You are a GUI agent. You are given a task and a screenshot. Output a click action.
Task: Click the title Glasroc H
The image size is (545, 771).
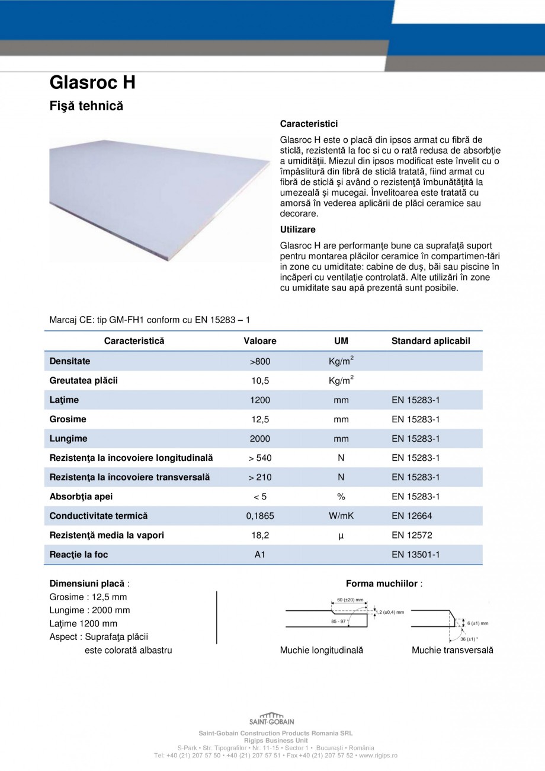(92, 82)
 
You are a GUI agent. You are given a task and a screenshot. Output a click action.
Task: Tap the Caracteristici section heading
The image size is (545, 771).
(309, 124)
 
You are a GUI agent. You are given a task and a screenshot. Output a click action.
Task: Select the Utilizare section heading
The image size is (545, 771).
(297, 230)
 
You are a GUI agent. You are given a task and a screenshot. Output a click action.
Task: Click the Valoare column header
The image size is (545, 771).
(260, 341)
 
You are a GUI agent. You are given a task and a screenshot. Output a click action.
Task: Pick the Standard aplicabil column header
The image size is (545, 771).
(431, 341)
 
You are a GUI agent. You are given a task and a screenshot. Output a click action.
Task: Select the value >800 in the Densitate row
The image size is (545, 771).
(260, 361)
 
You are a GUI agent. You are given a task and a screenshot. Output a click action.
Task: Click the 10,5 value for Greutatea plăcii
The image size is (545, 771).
(260, 381)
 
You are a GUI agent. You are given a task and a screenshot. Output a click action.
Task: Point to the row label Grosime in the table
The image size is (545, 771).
(68, 419)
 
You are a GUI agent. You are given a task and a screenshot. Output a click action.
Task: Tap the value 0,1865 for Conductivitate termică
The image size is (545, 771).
(260, 516)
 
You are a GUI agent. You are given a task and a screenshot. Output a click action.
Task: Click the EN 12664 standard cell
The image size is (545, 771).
(412, 516)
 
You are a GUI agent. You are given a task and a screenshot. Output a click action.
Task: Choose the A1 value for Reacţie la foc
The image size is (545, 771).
(260, 555)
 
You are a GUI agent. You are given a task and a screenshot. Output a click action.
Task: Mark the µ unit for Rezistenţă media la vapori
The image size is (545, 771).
(341, 536)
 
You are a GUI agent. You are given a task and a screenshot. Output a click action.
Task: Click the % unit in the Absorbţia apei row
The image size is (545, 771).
(341, 496)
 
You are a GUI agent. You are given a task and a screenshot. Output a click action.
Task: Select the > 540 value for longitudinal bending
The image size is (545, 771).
(260, 458)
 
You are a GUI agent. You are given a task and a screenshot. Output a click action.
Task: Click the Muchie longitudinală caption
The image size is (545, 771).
(321, 650)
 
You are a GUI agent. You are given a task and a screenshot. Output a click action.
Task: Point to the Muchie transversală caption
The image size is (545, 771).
(452, 650)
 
